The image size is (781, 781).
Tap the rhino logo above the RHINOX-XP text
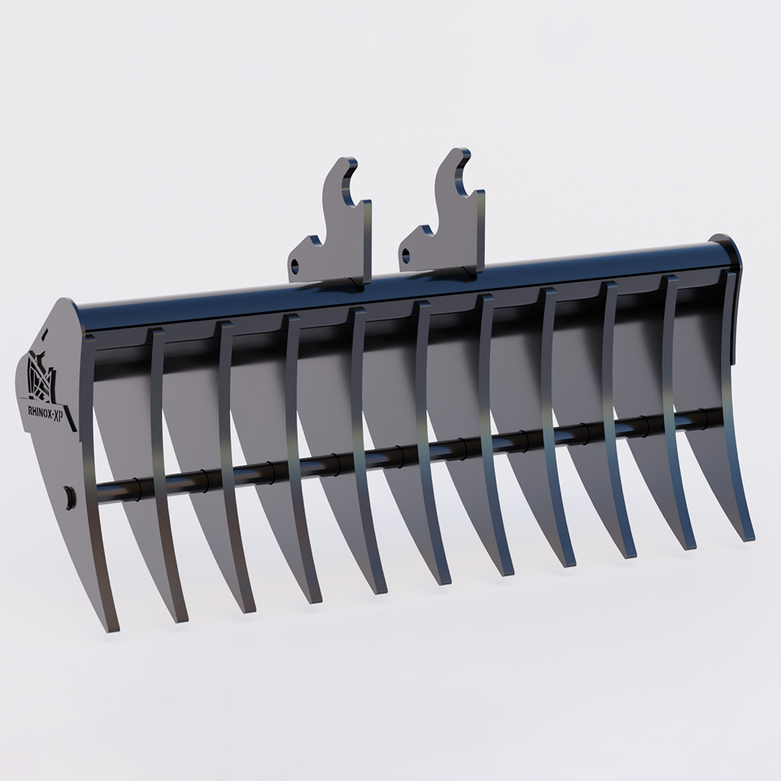coord(41,374)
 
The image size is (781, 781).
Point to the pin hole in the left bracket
coord(296,265)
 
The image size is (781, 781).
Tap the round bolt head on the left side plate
coord(70,497)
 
